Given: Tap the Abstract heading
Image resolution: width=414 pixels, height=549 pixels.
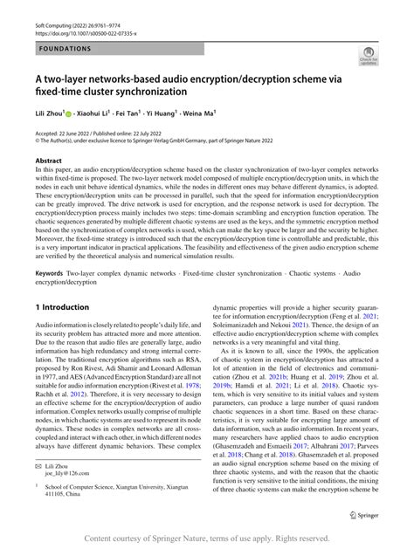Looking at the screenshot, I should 48,161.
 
